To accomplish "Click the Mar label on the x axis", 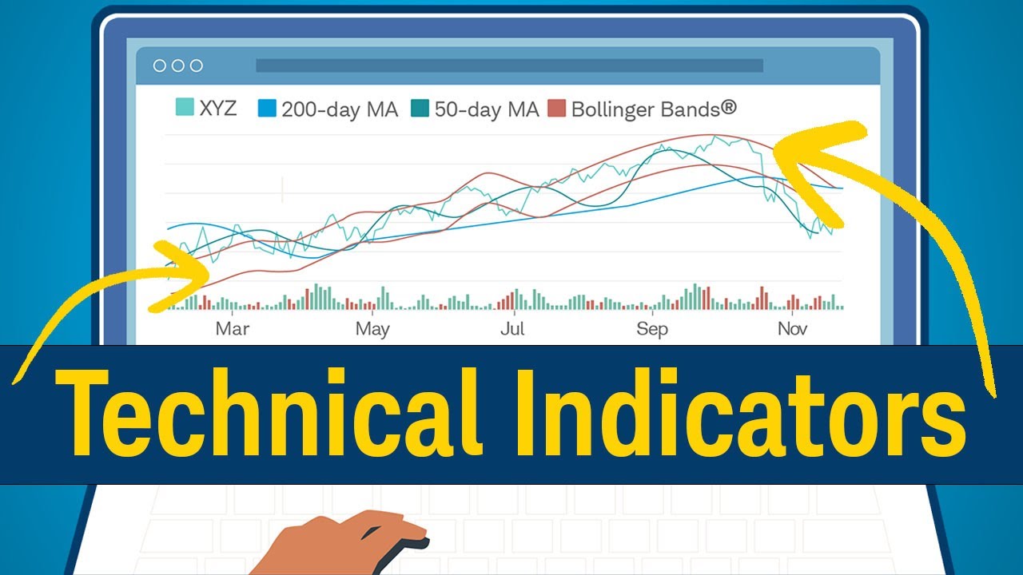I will click(233, 328).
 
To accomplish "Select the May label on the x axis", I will click(372, 328).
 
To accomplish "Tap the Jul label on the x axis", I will click(512, 328).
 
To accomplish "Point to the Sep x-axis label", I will click(652, 328).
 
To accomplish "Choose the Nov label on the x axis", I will click(792, 328).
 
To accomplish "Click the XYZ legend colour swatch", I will click(185, 108).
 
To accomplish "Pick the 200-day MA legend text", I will click(339, 109).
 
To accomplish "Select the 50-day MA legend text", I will click(487, 109).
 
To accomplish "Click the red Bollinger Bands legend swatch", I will click(557, 108).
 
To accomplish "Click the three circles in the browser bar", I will click(178, 65).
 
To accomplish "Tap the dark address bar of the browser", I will click(509, 65).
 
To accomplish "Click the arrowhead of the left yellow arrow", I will click(188, 264).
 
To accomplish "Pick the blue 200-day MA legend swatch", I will click(266, 108).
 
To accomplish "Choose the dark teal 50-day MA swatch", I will click(420, 108).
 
